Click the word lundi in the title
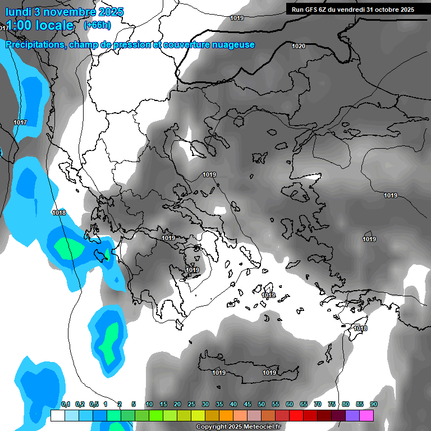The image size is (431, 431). tap(17, 12)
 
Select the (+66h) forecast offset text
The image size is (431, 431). tap(97, 25)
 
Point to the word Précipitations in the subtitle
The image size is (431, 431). tap(34, 45)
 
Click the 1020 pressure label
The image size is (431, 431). tap(299, 46)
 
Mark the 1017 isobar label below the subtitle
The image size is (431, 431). tap(20, 122)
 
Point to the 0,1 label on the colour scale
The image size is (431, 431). tap(65, 404)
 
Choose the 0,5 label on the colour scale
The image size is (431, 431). tap(93, 404)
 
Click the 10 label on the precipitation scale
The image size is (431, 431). tap(149, 404)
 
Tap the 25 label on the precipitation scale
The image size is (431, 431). tap(191, 404)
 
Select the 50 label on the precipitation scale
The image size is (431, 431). tap(262, 404)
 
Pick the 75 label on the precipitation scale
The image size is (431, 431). tap(332, 404)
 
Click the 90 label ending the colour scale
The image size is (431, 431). tap(374, 404)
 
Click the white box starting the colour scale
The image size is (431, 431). tap(57, 415)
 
